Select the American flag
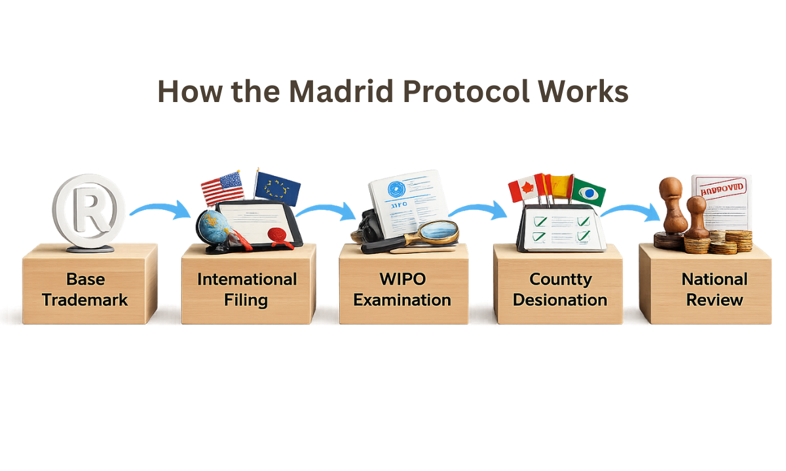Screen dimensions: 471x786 point(221,188)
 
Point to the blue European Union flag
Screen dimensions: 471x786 point(278,187)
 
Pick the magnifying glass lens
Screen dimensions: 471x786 point(438,231)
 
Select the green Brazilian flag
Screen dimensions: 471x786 point(588,192)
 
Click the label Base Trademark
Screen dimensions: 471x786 point(86,289)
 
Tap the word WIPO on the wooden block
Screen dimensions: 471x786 point(402,279)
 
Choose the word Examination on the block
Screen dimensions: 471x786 point(403,300)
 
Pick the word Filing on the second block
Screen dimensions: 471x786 point(247,300)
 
